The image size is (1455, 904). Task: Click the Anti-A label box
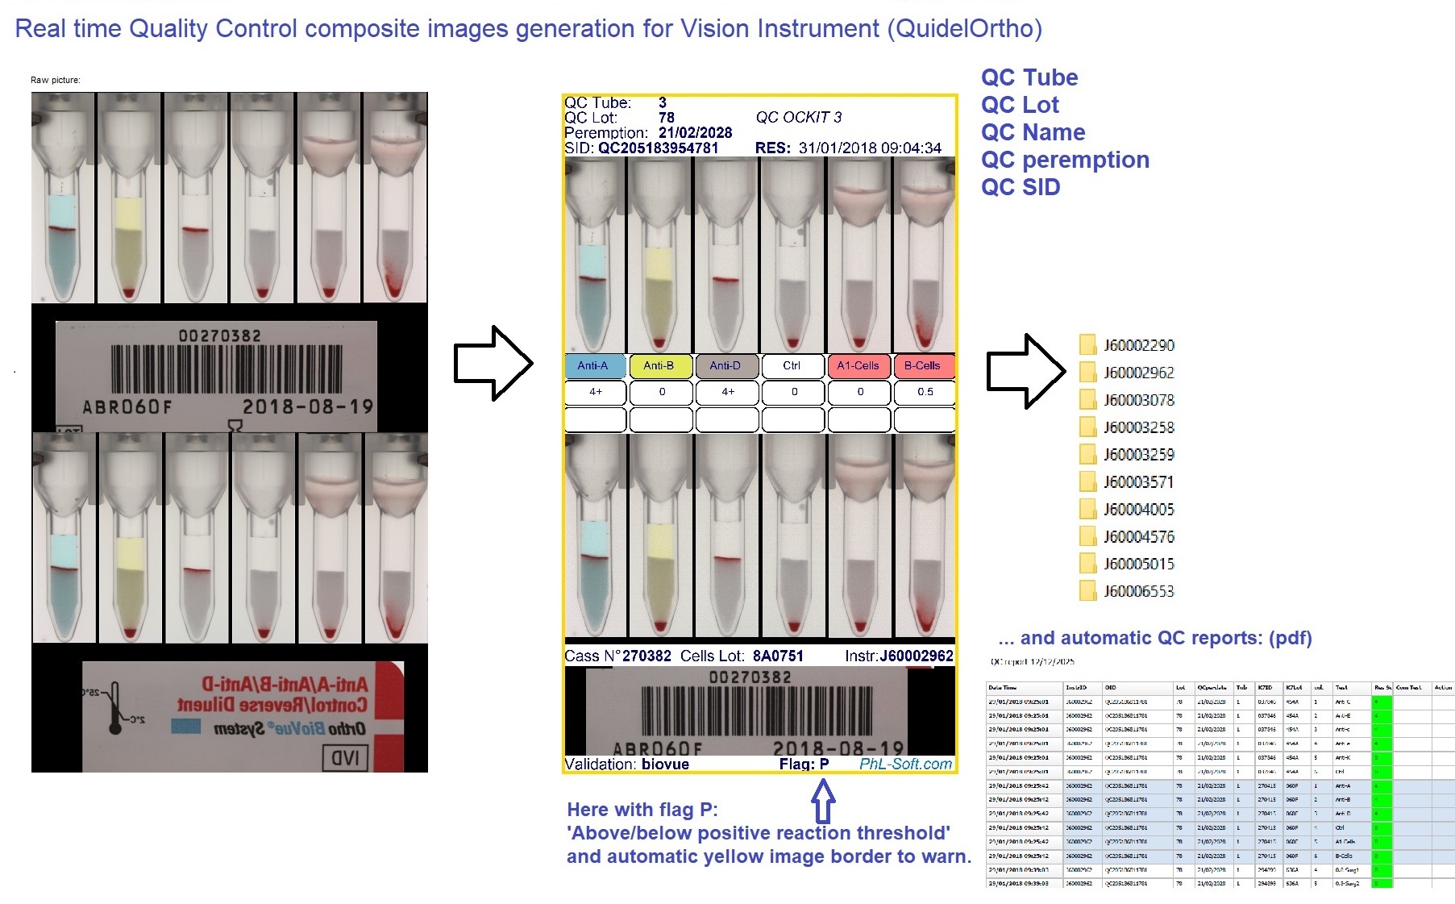click(595, 366)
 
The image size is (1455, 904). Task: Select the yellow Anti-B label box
click(660, 366)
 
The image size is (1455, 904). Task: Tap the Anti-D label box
click(726, 366)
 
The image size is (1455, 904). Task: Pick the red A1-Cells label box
click(858, 366)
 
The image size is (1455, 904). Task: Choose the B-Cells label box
click(923, 366)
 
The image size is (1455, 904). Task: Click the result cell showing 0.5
click(925, 392)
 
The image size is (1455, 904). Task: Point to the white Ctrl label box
click(792, 366)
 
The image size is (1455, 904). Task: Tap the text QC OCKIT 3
click(798, 118)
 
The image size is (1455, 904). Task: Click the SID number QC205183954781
click(658, 148)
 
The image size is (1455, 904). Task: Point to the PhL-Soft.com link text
click(905, 764)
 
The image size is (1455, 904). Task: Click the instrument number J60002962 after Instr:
click(917, 656)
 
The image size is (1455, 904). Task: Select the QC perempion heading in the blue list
click(1065, 160)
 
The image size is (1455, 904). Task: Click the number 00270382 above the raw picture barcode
click(219, 335)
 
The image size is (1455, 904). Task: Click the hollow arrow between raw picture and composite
click(493, 363)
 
